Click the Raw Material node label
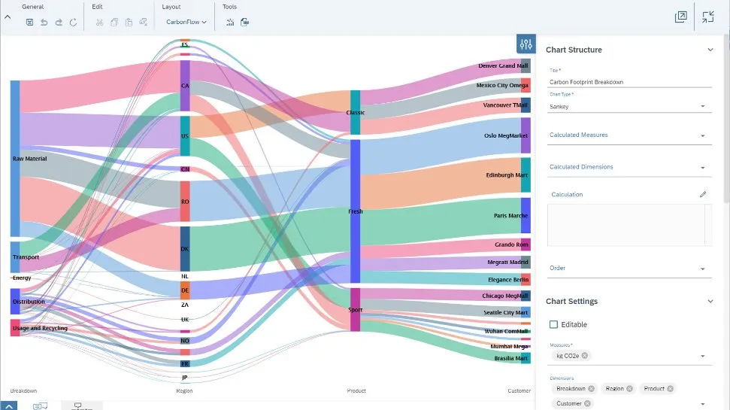pos(29,159)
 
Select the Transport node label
pos(26,257)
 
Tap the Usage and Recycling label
pos(40,328)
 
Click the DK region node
pos(185,249)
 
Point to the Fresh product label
pos(356,211)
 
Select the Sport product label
pos(356,309)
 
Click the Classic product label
pos(356,113)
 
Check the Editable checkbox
pos(554,324)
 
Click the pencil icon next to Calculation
pos(703,194)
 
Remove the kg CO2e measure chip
pos(585,355)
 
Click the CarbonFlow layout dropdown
pos(186,22)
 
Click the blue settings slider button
pos(526,44)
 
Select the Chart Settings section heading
pos(571,301)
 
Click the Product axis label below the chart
pos(356,390)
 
